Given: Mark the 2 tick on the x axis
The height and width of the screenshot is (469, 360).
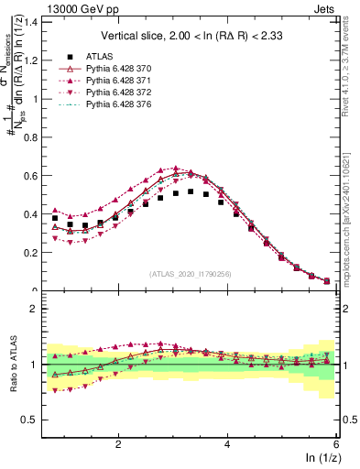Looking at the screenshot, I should [x=118, y=443].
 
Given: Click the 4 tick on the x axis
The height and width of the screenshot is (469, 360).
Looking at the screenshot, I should [x=228, y=443].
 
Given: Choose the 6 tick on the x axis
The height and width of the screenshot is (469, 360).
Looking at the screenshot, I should [x=336, y=443].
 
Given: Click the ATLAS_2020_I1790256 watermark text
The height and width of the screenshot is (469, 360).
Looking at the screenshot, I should [x=191, y=274].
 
